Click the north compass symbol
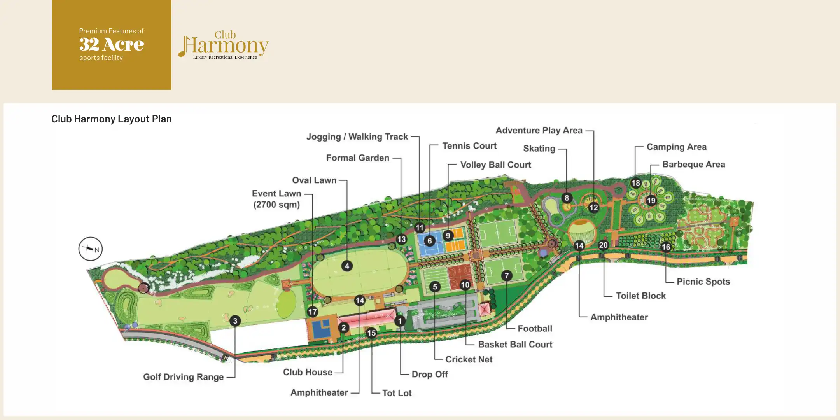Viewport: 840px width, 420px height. coord(91,249)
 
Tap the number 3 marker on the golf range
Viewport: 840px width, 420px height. coord(235,321)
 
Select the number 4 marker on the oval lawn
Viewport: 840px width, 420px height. coord(347,266)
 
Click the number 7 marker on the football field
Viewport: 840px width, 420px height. coord(506,276)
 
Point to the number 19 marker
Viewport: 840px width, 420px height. coord(651,201)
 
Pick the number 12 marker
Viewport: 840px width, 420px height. coord(593,207)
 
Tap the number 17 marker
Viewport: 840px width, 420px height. coord(312,311)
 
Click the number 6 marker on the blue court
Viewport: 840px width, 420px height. coord(430,241)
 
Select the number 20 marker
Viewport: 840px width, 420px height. coord(603,245)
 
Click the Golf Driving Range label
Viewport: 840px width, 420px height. coord(183,377)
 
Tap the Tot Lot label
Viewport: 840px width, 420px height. coord(397,393)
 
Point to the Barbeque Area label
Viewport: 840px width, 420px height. coord(693,164)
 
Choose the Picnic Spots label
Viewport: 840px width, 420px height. coord(703,282)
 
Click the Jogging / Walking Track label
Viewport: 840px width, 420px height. coord(357,137)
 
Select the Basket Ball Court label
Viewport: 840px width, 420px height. coord(515,345)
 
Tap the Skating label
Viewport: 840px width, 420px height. coord(539,149)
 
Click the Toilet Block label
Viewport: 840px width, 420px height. coord(640,296)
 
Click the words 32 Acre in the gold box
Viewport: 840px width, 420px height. coord(112,44)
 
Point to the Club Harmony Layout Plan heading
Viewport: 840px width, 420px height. coord(112,119)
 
